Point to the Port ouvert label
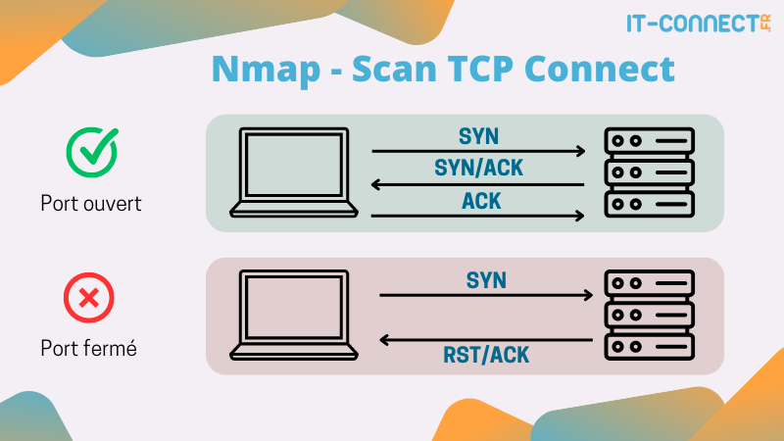90,204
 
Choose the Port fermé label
88,348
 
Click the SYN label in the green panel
479,135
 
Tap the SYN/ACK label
479,168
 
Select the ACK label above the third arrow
479,200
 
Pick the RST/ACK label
486,355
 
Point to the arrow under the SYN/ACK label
479,183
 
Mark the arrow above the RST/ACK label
486,340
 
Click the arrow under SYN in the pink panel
486,295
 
